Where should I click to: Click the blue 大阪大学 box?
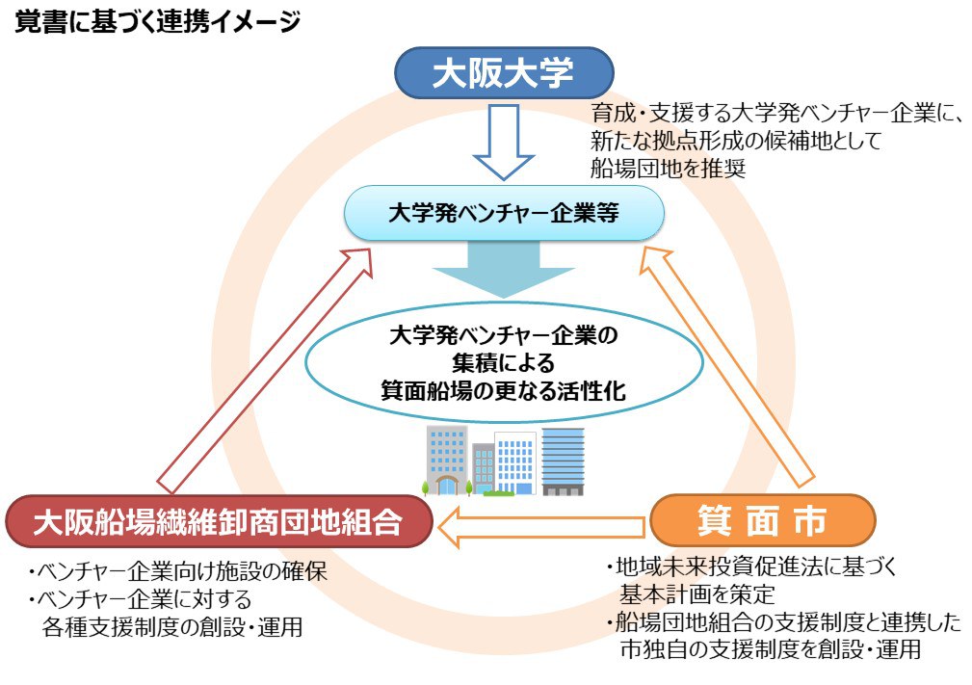click(x=503, y=73)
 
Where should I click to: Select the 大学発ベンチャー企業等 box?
click(x=504, y=213)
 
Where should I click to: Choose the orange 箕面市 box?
click(x=762, y=521)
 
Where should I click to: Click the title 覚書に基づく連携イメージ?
click(x=158, y=24)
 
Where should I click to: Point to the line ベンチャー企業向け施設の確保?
click(x=178, y=572)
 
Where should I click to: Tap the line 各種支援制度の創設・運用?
click(x=172, y=627)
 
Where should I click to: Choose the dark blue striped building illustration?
click(x=563, y=461)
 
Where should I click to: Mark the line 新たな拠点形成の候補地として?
click(x=736, y=141)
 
